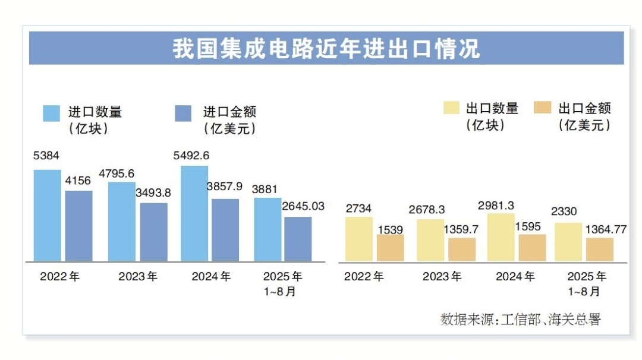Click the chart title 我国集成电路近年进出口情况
(x=326, y=48)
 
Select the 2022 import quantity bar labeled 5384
(x=47, y=215)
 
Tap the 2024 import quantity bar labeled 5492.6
(x=194, y=213)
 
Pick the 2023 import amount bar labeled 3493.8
(x=153, y=232)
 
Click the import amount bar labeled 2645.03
(x=297, y=239)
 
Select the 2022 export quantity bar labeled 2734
(x=359, y=239)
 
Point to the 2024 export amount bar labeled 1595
(x=532, y=248)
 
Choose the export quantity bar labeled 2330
(x=568, y=242)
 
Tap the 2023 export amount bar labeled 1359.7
(x=462, y=250)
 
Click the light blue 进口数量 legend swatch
(x=52, y=113)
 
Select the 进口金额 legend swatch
(x=183, y=113)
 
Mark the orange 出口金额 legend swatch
(x=543, y=108)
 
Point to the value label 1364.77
(x=606, y=229)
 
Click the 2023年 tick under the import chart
(x=138, y=277)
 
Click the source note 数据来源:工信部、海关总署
(x=520, y=319)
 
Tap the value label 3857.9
(x=224, y=187)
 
